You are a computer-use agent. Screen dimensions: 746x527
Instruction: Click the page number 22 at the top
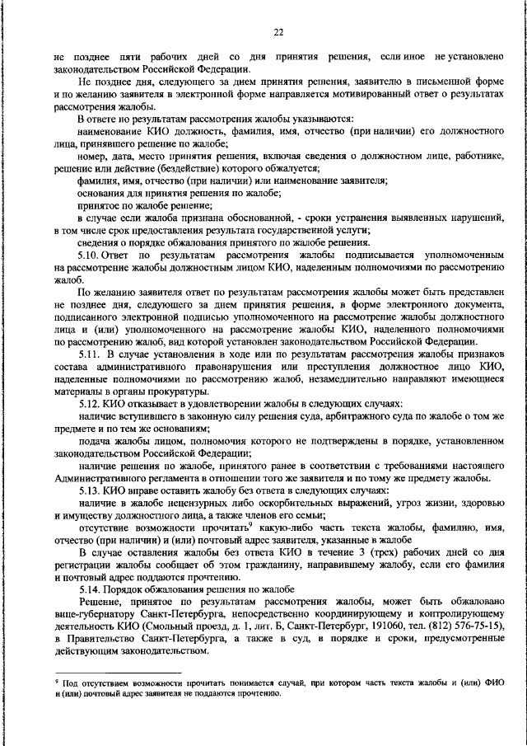278,32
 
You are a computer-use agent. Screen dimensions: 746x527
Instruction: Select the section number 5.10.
91,256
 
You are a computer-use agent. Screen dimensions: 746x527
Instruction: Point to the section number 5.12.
91,406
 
